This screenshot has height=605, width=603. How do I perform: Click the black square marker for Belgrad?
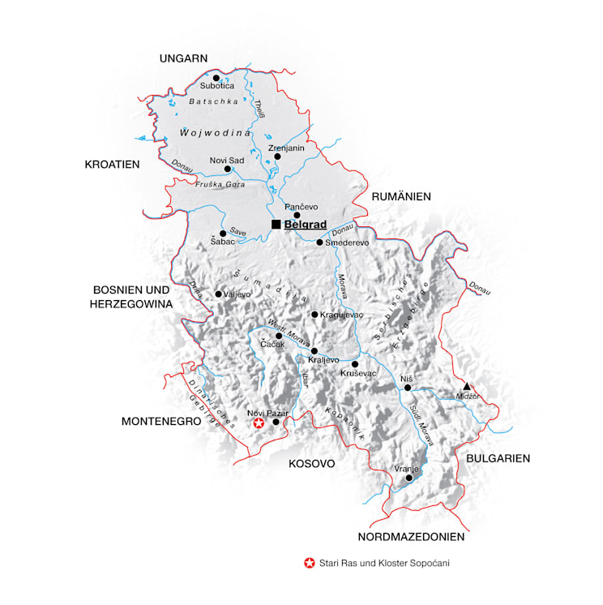pos(276,224)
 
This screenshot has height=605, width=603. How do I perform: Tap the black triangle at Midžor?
pos(468,386)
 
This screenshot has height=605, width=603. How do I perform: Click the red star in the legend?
pos(308,562)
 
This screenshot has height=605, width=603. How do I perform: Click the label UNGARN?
pos(184,58)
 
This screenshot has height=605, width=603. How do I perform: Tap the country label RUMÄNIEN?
pos(401,197)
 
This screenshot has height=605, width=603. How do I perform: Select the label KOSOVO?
pos(312,464)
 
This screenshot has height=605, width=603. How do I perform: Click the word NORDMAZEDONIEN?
pos(411,537)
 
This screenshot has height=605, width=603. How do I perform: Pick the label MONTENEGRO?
pos(161,422)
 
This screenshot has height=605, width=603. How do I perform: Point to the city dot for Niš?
pos(408,388)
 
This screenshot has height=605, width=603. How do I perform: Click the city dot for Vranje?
pos(409,478)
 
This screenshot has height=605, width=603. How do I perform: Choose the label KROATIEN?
pos(113,165)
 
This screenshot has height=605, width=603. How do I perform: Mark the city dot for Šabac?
pos(223,234)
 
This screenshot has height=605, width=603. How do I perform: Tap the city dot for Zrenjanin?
pos(277,157)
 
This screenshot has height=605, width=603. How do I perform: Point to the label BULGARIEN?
pos(498,458)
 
